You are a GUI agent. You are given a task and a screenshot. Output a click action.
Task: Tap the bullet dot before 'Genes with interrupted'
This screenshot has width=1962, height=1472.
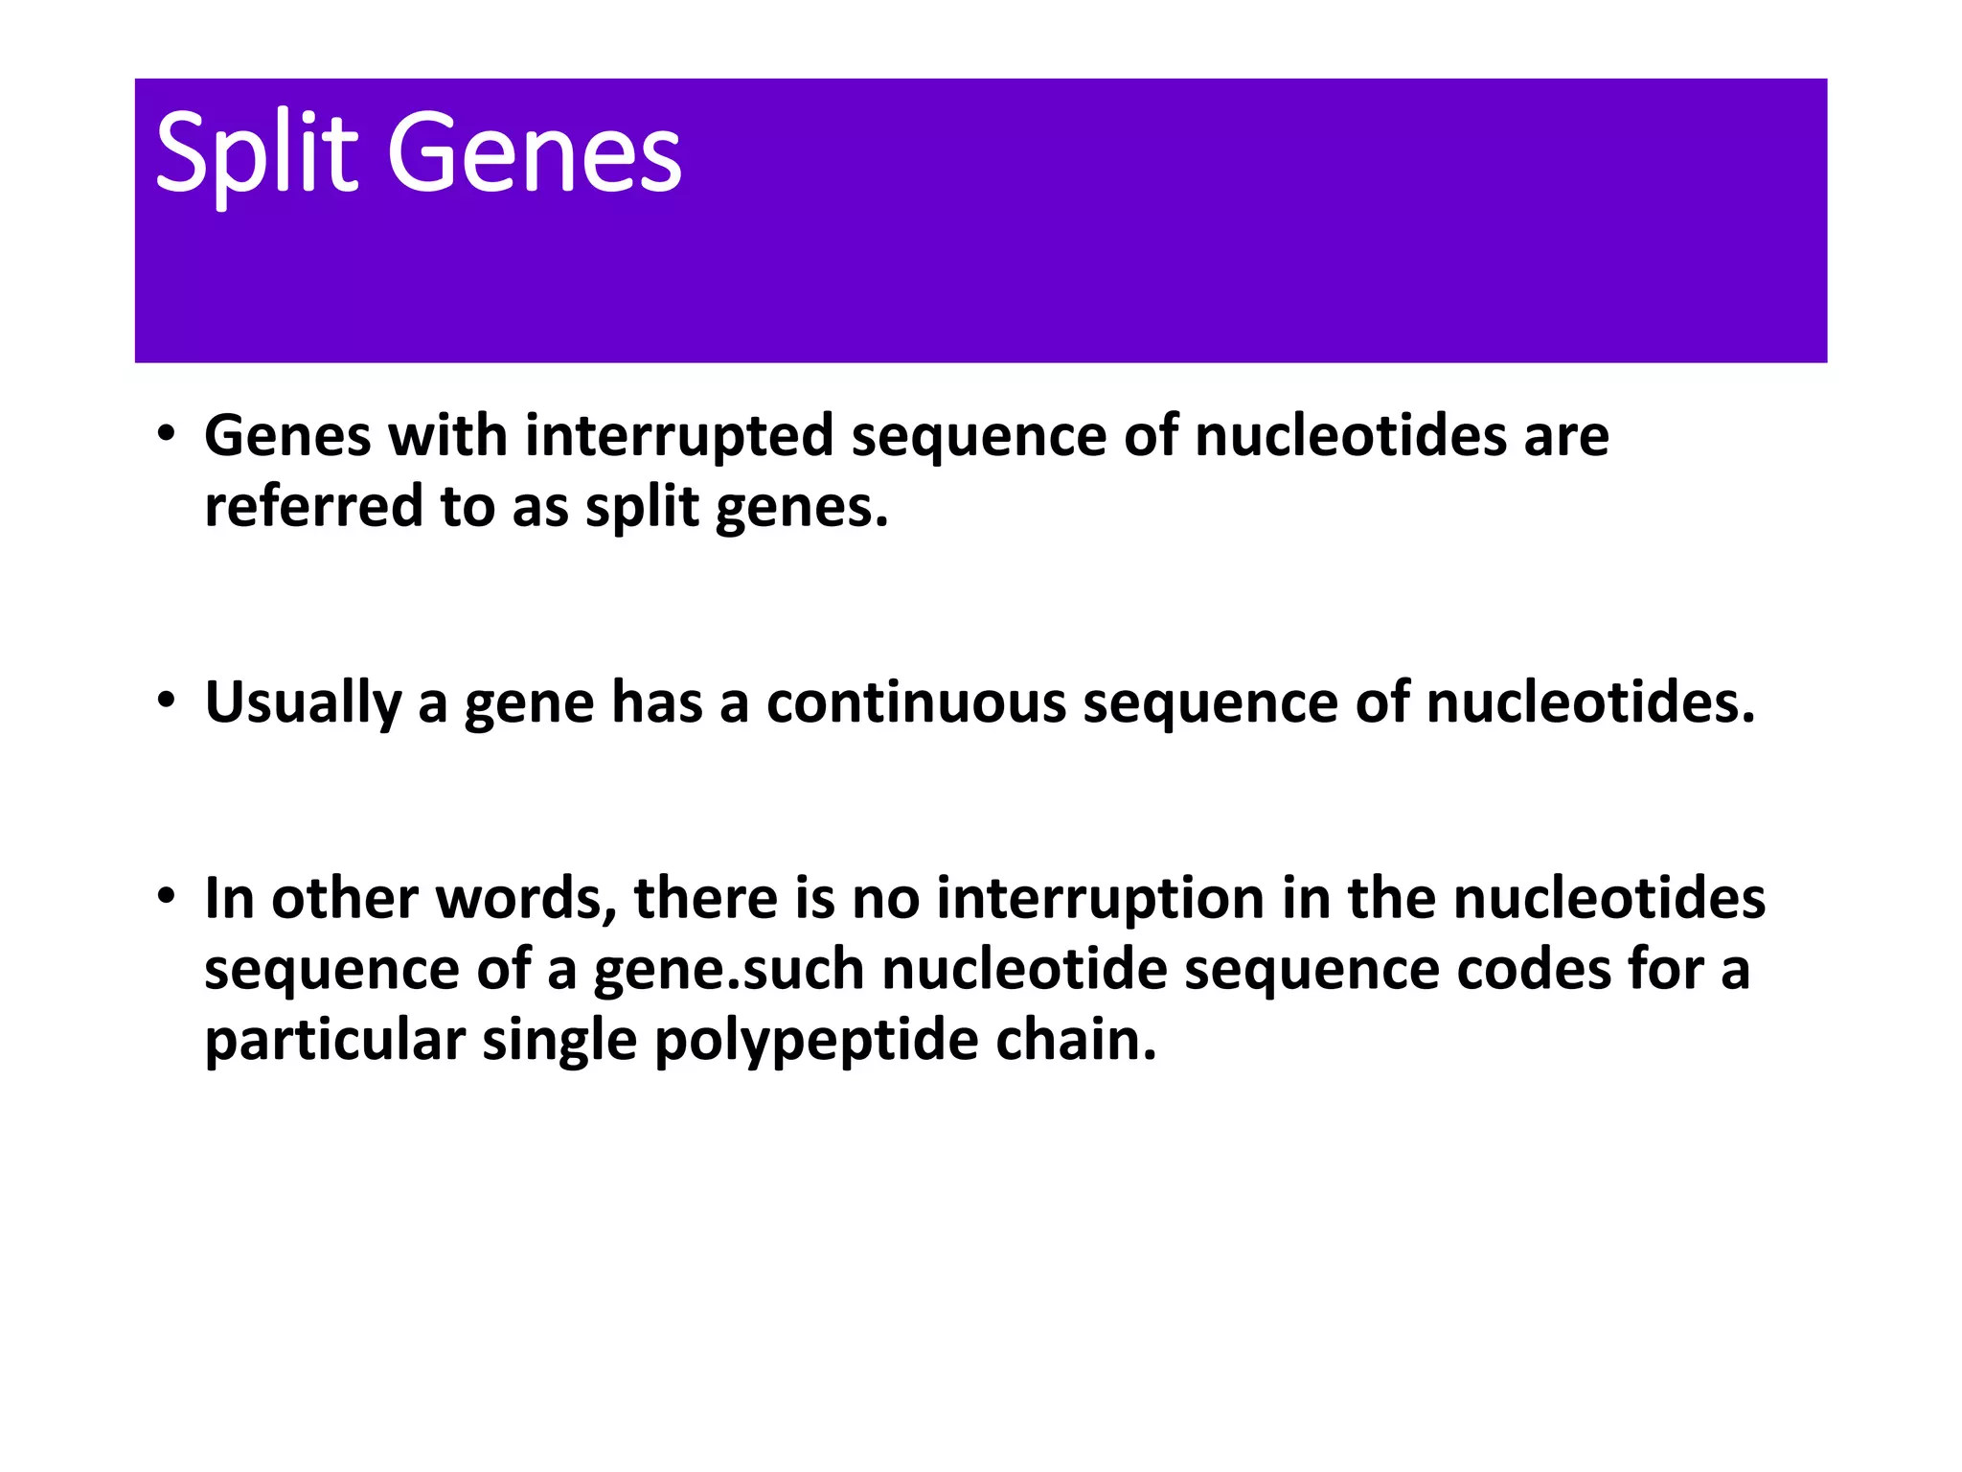[x=167, y=433]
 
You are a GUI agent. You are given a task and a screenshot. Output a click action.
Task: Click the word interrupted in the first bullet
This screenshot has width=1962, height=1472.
[x=679, y=436]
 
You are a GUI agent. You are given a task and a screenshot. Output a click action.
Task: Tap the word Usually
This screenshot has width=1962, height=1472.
[x=303, y=702]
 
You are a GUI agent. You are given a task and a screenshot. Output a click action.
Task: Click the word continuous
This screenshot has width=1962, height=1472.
[x=916, y=702]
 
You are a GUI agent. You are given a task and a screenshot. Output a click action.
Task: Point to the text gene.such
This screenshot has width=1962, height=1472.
[x=729, y=970]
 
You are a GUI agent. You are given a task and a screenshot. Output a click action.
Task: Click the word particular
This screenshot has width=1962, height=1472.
[x=335, y=1041]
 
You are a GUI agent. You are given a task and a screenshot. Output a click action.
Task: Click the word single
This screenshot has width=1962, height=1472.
[x=559, y=1041]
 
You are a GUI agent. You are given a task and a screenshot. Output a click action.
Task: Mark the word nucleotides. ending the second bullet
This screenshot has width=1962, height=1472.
[x=1590, y=702]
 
